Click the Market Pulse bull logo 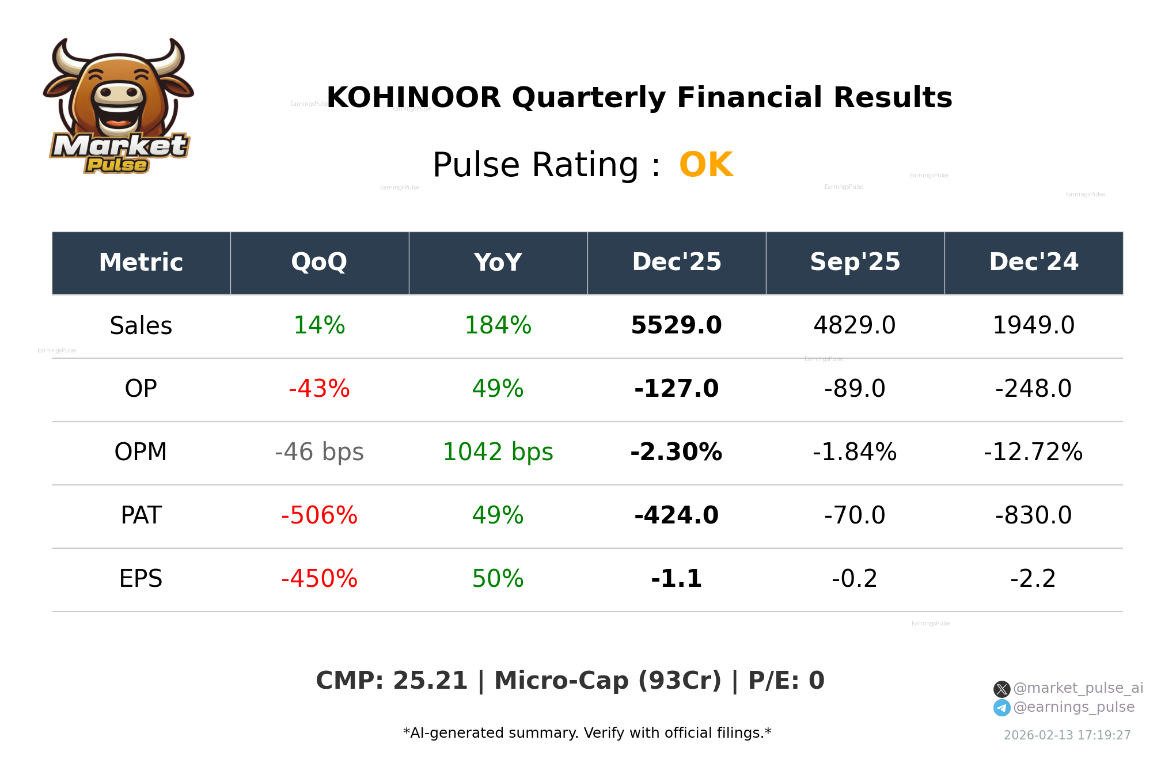tap(119, 107)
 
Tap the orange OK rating tap(705, 165)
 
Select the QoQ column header tap(319, 263)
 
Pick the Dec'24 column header tap(1033, 263)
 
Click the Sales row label tap(141, 326)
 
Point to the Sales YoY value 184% tap(498, 326)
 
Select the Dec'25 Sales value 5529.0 tap(676, 326)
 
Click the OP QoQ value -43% tap(319, 389)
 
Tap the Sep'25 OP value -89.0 tap(855, 389)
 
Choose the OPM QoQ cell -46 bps tap(319, 453)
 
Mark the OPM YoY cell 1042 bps tap(498, 453)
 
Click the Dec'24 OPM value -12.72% tap(1033, 453)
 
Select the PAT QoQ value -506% tap(319, 516)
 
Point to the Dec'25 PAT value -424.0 tap(676, 516)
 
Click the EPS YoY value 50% tap(498, 579)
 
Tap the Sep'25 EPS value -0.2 tap(855, 579)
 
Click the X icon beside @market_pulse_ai tap(1001, 689)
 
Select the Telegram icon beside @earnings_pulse tap(1001, 708)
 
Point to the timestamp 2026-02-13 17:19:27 tap(1067, 735)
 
